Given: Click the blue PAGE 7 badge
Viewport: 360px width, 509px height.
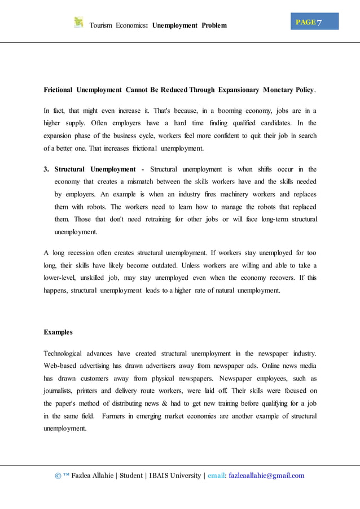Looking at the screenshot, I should click(315, 22).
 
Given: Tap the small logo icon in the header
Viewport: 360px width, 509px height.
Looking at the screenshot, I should click(78, 23).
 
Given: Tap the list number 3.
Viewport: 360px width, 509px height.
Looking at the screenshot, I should click(47, 169).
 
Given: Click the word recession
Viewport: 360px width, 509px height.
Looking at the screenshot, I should click(80, 253).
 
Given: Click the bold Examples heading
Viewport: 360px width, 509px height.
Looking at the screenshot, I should click(59, 332).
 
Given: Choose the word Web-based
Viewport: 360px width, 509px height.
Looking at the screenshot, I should click(61, 366).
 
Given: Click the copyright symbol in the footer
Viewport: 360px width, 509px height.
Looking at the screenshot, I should click(58, 476).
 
